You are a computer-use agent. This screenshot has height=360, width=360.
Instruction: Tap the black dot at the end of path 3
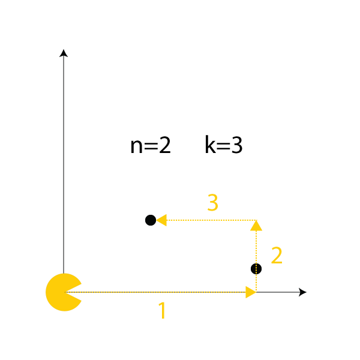tap(151, 220)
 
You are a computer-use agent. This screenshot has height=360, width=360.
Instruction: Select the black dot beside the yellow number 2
tap(256, 269)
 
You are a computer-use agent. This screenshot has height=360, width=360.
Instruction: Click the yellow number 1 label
tap(163, 310)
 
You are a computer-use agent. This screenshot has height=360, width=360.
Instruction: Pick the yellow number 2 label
tap(277, 256)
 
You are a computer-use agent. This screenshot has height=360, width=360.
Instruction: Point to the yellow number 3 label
tap(212, 202)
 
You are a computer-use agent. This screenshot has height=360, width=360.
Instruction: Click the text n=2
tap(151, 145)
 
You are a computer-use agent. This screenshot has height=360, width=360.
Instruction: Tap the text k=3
tap(224, 145)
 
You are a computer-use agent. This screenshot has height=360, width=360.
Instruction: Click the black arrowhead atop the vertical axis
tap(64, 53)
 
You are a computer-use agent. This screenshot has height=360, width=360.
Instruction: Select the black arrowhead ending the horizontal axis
tap(302, 292)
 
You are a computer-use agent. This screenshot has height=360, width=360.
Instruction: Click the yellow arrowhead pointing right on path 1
tap(251, 292)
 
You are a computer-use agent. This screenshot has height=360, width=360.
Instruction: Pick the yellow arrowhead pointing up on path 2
tap(256, 226)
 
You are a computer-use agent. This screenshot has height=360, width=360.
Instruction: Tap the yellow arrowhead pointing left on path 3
tap(161, 220)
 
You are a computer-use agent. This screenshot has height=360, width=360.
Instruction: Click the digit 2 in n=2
tap(165, 145)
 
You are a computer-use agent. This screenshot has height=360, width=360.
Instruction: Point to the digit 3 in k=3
tap(237, 145)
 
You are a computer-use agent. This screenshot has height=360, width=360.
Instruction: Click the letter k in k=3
tap(210, 145)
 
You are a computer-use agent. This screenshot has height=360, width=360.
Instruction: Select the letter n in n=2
tap(136, 148)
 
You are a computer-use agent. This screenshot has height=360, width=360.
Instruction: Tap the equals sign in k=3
tap(223, 146)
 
